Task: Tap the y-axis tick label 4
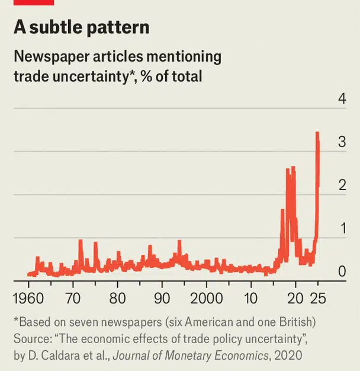point(342,98)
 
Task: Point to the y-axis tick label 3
point(342,142)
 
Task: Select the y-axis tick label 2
point(342,185)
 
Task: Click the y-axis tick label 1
point(342,228)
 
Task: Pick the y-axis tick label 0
point(342,271)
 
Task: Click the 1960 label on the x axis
point(28,297)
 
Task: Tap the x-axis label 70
point(73,297)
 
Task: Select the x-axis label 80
point(117,297)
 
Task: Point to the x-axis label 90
point(162,297)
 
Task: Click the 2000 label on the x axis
point(206,297)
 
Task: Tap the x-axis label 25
point(318,297)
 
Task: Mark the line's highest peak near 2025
point(317,133)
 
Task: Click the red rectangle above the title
point(34,2)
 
